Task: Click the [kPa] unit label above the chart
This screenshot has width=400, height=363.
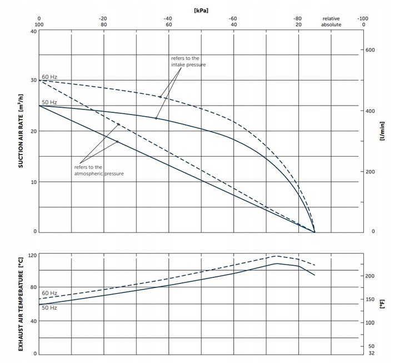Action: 201,9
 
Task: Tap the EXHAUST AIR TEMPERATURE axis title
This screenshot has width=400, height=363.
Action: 21,303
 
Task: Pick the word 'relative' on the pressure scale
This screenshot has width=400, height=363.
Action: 331,18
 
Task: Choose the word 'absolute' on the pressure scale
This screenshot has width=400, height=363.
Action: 331,25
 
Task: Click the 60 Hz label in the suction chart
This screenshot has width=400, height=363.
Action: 49,76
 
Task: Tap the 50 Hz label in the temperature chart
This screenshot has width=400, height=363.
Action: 49,307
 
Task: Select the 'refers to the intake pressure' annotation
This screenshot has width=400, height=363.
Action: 188,61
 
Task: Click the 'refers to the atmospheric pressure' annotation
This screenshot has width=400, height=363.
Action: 98,170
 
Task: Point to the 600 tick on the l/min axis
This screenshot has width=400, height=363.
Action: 370,50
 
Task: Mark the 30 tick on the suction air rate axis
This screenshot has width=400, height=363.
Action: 34,81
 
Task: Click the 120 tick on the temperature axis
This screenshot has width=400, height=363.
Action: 32,255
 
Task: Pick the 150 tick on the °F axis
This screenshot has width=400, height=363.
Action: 371,300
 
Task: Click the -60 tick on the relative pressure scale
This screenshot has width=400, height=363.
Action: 233,18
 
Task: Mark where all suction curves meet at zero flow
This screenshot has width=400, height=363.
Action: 314,232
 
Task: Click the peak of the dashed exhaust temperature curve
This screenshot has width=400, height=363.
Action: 277,256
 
